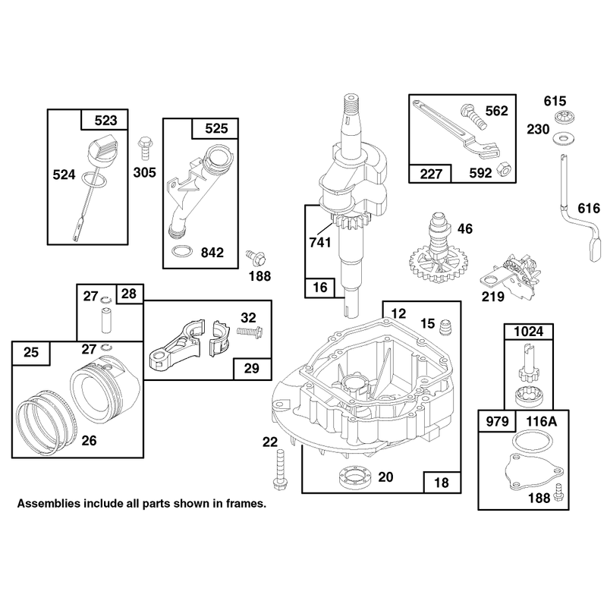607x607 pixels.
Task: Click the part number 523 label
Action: [x=105, y=121]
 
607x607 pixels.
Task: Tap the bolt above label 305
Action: [x=145, y=147]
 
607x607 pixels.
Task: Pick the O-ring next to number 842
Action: [x=181, y=251]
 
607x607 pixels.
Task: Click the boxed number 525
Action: [x=216, y=128]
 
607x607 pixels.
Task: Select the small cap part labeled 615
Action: [x=563, y=116]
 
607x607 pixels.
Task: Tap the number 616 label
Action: [x=589, y=208]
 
